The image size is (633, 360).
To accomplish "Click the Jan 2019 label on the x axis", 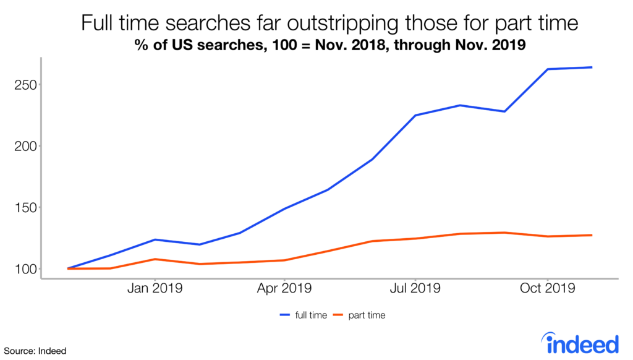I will [x=155, y=288].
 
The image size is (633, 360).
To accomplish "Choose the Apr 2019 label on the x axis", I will [x=284, y=288].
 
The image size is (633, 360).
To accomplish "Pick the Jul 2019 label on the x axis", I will [x=415, y=288].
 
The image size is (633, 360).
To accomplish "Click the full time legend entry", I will [x=303, y=315].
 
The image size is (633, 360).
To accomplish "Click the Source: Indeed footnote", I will [x=33, y=351].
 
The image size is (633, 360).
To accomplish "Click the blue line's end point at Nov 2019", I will [x=592, y=67].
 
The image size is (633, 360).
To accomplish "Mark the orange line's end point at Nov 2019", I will [x=592, y=235].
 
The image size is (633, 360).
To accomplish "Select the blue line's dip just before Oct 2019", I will [x=505, y=111].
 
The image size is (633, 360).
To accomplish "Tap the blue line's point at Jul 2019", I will [x=415, y=115].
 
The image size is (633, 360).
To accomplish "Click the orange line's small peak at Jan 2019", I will [x=155, y=259].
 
